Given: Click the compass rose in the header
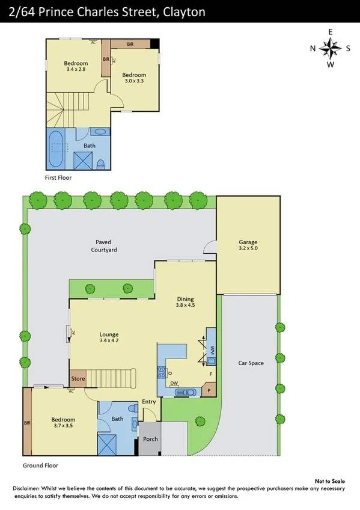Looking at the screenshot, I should (x=330, y=48).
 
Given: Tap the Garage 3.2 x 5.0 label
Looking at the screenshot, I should (x=248, y=245).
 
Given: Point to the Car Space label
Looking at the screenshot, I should (x=251, y=363).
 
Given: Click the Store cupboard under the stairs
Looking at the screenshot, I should (x=78, y=379).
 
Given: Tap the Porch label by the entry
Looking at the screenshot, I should (x=150, y=439).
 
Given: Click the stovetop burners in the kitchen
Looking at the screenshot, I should (x=162, y=373).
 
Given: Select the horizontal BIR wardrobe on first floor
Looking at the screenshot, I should (x=130, y=44).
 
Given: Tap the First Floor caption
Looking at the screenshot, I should (x=62, y=178).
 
